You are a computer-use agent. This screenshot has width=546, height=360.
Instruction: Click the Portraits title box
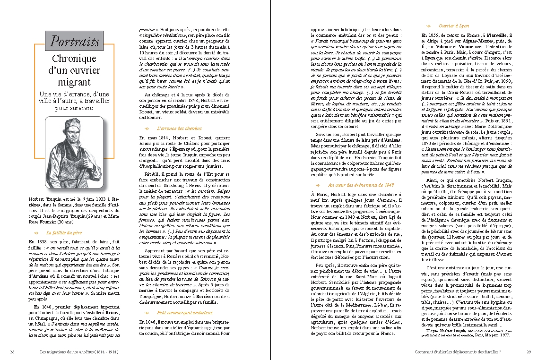[x=75, y=42]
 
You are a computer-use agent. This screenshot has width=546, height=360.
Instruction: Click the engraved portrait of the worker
[x=74, y=152]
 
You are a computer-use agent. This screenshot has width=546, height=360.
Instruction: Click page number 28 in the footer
[x=13, y=351]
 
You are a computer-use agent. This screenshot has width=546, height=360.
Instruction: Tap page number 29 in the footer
[x=529, y=351]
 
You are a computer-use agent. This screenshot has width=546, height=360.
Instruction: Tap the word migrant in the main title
[x=74, y=82]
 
